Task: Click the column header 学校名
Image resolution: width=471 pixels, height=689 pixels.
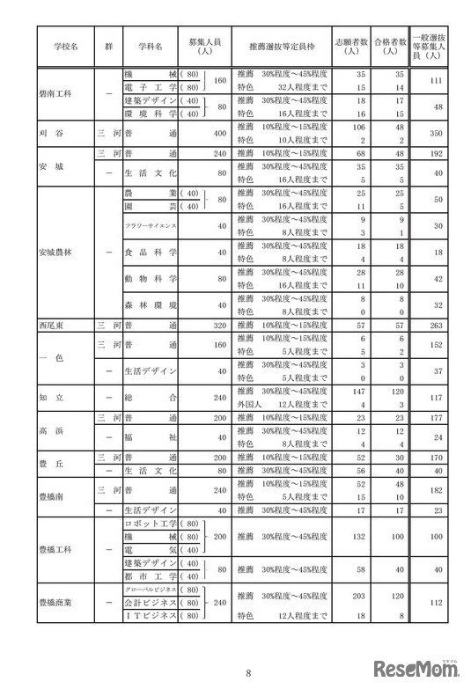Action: [x=63, y=44]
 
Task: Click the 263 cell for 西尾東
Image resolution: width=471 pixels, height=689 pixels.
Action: [x=431, y=324]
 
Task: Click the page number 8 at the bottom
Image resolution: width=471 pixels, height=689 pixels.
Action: [x=247, y=673]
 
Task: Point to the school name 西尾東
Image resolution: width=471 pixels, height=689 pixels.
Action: [x=55, y=324]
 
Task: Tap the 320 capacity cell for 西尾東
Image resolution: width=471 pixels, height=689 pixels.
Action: [x=215, y=324]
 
